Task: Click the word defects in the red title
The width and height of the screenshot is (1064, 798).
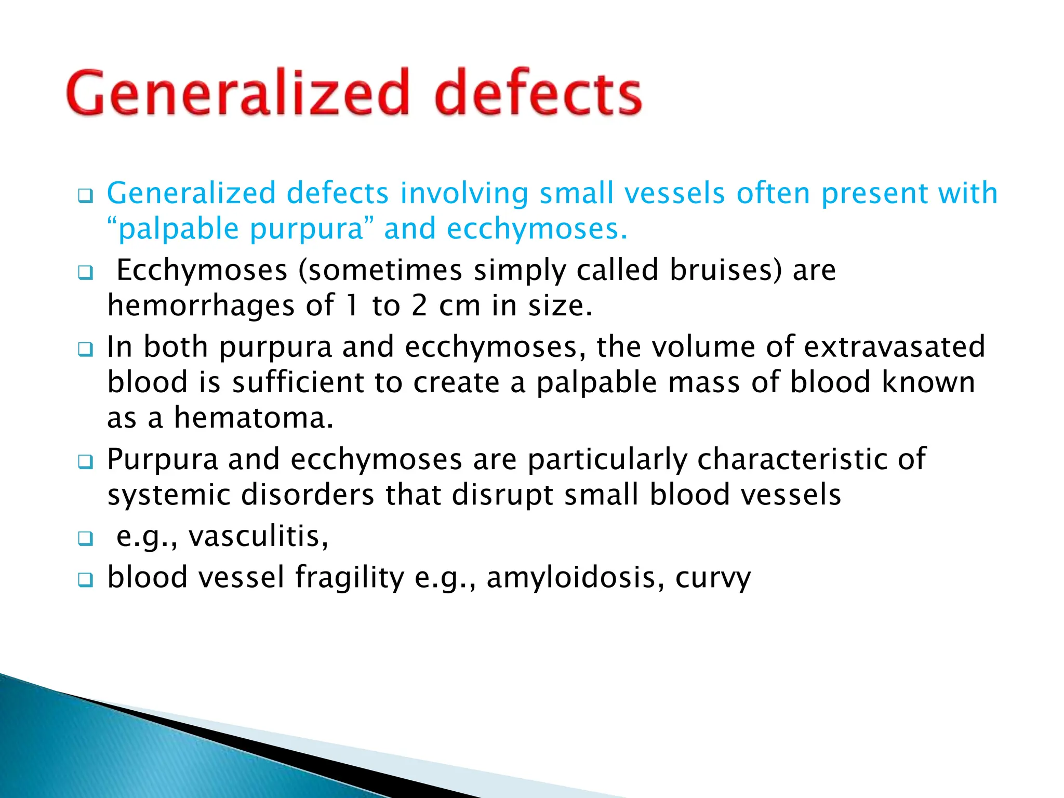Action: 538,94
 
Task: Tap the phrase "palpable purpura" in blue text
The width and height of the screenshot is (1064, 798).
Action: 234,229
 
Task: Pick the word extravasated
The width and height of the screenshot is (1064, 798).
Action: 894,347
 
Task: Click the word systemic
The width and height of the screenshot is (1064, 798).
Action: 169,495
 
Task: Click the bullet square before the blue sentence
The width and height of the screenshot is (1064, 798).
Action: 86,196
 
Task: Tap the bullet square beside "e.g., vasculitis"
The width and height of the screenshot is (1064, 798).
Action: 86,539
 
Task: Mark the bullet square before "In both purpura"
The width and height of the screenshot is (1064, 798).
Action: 86,349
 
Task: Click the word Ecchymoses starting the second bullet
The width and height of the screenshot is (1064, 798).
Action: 202,270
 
